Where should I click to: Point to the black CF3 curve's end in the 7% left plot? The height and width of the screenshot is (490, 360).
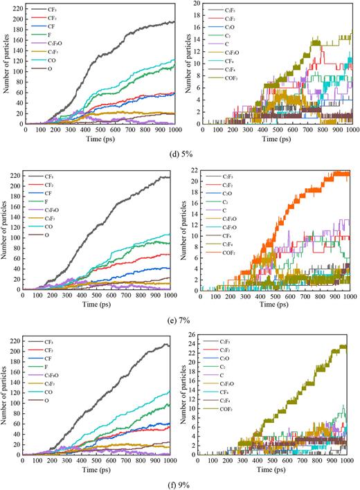[x=169, y=177]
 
